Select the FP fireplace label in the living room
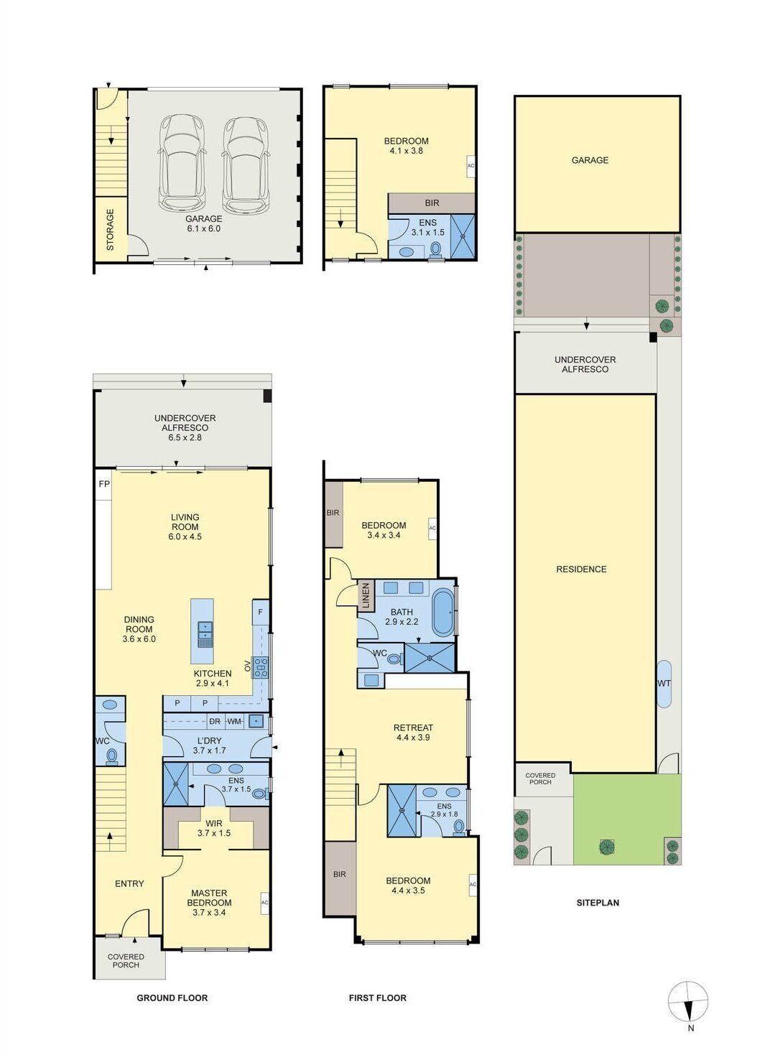click(104, 484)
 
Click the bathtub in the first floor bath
click(443, 613)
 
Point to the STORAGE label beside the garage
click(111, 230)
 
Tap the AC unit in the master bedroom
click(264, 902)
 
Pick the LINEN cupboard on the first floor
click(366, 596)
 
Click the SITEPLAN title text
click(598, 903)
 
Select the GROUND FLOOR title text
click(172, 998)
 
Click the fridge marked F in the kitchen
click(260, 612)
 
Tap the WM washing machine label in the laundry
click(234, 721)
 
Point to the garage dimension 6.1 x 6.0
click(203, 228)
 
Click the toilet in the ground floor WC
click(111, 756)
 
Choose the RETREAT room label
click(413, 727)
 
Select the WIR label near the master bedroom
click(214, 824)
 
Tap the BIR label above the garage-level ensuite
click(432, 203)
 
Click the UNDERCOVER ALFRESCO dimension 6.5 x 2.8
click(185, 437)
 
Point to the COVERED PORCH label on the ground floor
click(126, 960)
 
